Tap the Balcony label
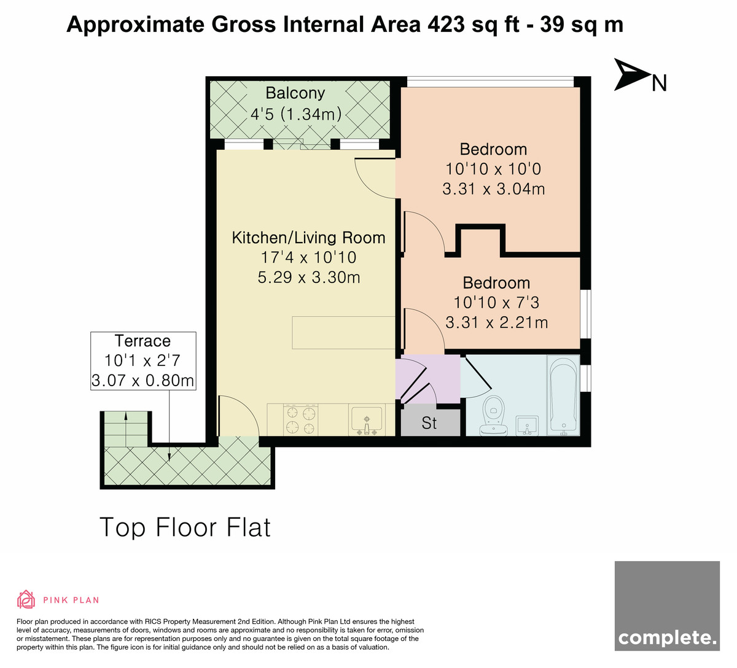(x=295, y=93)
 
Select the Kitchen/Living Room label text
(x=308, y=238)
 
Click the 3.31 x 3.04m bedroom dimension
(x=493, y=189)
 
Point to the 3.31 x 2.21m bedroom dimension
(x=497, y=322)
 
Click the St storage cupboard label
(x=429, y=423)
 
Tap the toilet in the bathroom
(x=494, y=415)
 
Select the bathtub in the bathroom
(x=563, y=395)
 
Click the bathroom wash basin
(x=527, y=425)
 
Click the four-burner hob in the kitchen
(x=300, y=419)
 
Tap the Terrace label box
(x=143, y=361)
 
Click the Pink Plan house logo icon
(x=26, y=599)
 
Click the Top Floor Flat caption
(x=185, y=527)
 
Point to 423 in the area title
(x=446, y=25)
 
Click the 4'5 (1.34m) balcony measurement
(x=296, y=114)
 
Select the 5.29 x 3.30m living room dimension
(x=309, y=278)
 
